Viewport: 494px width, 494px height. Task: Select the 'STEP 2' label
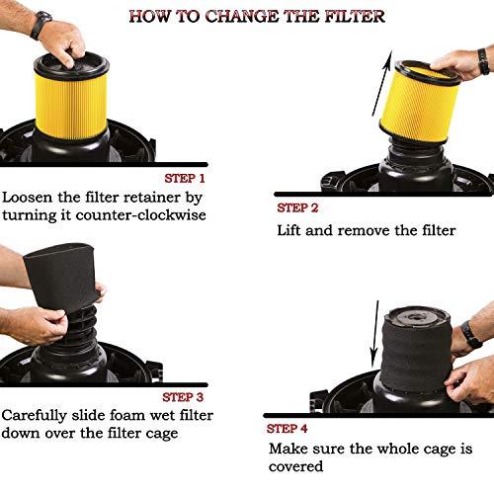298,207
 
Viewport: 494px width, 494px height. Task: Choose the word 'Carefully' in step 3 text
41,415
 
